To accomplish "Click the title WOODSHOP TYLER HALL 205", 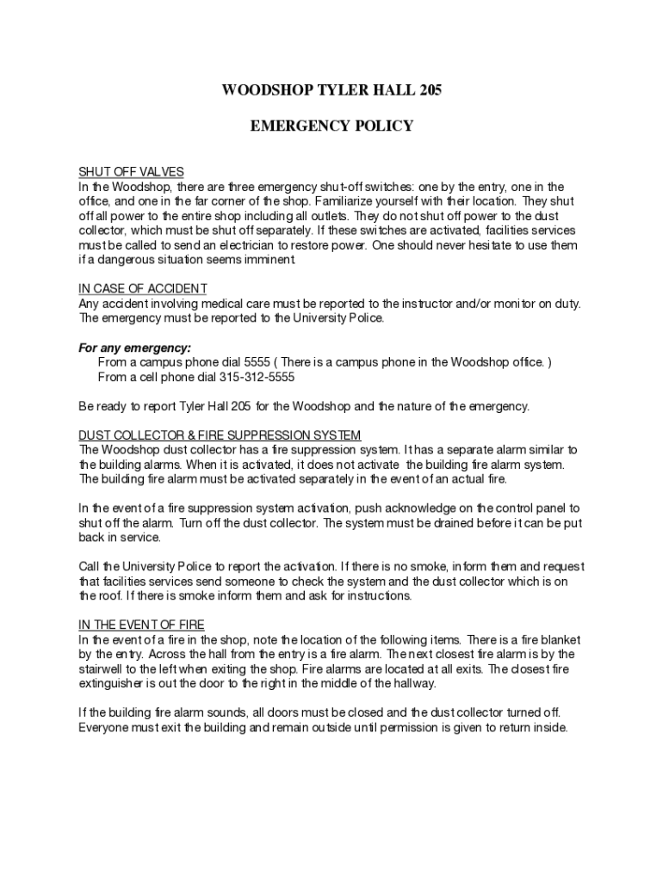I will coord(331,89).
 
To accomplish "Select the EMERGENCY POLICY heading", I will coord(331,126).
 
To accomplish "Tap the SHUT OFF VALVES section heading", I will coord(132,172).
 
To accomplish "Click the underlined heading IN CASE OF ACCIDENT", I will coord(143,288).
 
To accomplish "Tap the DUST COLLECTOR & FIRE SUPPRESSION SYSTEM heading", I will coord(220,435).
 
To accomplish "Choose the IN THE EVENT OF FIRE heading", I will coord(141,625).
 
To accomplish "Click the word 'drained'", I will coord(467,522).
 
